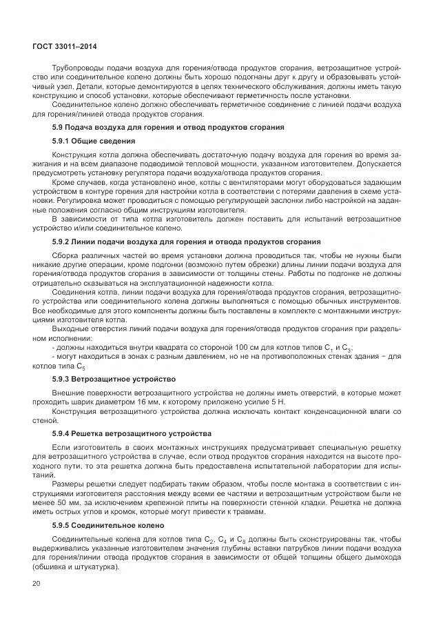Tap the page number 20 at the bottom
[37, 584]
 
